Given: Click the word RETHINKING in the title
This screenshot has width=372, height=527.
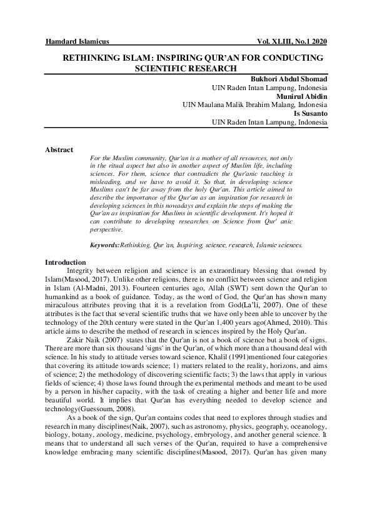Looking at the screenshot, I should (x=89, y=58).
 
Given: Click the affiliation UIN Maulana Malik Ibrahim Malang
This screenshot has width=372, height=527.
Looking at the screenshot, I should (x=240, y=106).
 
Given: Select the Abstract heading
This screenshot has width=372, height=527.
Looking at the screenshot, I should (x=59, y=150).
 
